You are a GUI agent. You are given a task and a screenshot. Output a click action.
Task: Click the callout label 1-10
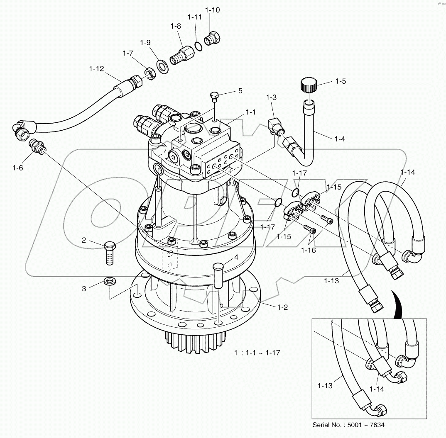click(x=213, y=10)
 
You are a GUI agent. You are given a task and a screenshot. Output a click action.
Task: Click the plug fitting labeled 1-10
click(x=215, y=39)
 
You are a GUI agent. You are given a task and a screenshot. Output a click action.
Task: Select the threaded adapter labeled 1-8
click(x=181, y=54)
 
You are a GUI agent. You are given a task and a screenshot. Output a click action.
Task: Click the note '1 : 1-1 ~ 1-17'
click(x=257, y=353)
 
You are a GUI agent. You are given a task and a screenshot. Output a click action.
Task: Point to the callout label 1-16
click(x=309, y=250)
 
